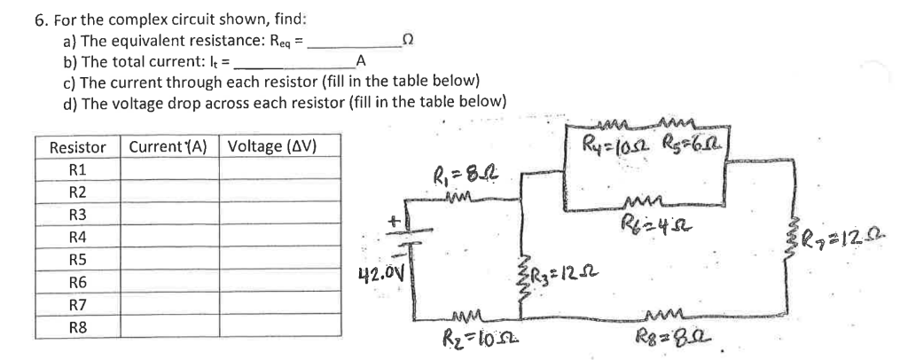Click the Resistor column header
point(76,146)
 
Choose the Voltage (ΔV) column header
point(272,146)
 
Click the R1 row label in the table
point(78,168)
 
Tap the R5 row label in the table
point(78,261)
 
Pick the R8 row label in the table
point(78,328)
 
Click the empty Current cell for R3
point(169,215)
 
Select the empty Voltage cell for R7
point(279,305)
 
